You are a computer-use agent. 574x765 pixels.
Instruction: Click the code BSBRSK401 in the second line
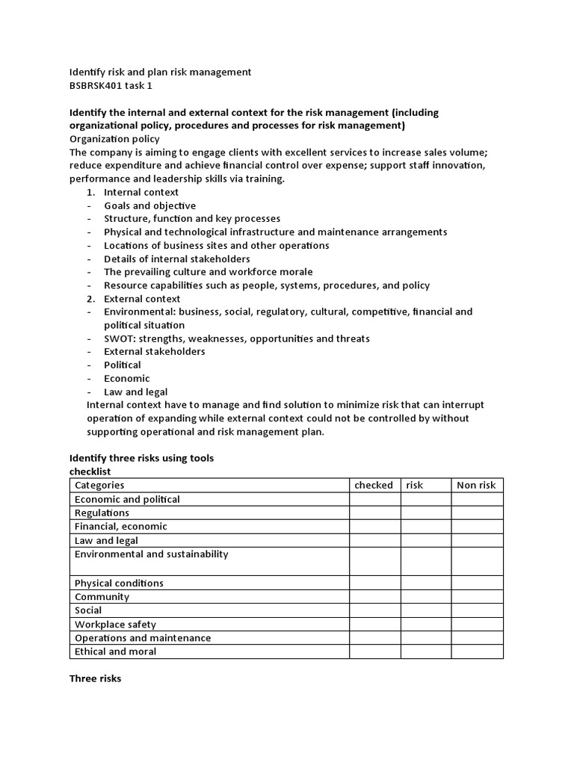pos(97,86)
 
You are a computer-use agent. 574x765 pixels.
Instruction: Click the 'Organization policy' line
pos(114,139)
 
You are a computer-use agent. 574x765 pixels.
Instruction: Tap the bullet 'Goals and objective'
pos(149,205)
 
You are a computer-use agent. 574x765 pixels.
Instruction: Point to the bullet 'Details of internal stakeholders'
pos(176,258)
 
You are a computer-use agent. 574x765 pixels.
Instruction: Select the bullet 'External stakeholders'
pos(154,351)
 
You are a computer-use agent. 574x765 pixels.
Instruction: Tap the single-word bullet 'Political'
pos(123,365)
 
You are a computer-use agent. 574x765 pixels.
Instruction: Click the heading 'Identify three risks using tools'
pos(141,458)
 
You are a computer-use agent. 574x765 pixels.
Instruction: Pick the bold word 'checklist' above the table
pos(90,471)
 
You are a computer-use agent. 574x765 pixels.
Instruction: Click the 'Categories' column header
pos(99,485)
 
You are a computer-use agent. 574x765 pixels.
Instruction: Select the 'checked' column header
pos(374,485)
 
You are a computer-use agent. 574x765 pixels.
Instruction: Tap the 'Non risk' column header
pos(476,485)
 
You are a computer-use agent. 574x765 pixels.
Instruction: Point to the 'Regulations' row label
pos(102,512)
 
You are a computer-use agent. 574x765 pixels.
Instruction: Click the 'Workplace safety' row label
pos(115,624)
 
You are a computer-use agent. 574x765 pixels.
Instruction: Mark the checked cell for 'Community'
pos(374,596)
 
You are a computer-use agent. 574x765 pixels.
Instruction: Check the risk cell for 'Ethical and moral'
pos(425,651)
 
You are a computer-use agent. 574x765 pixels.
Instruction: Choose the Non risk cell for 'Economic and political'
pos(477,499)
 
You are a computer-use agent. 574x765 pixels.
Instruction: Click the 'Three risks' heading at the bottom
pos(95,679)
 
